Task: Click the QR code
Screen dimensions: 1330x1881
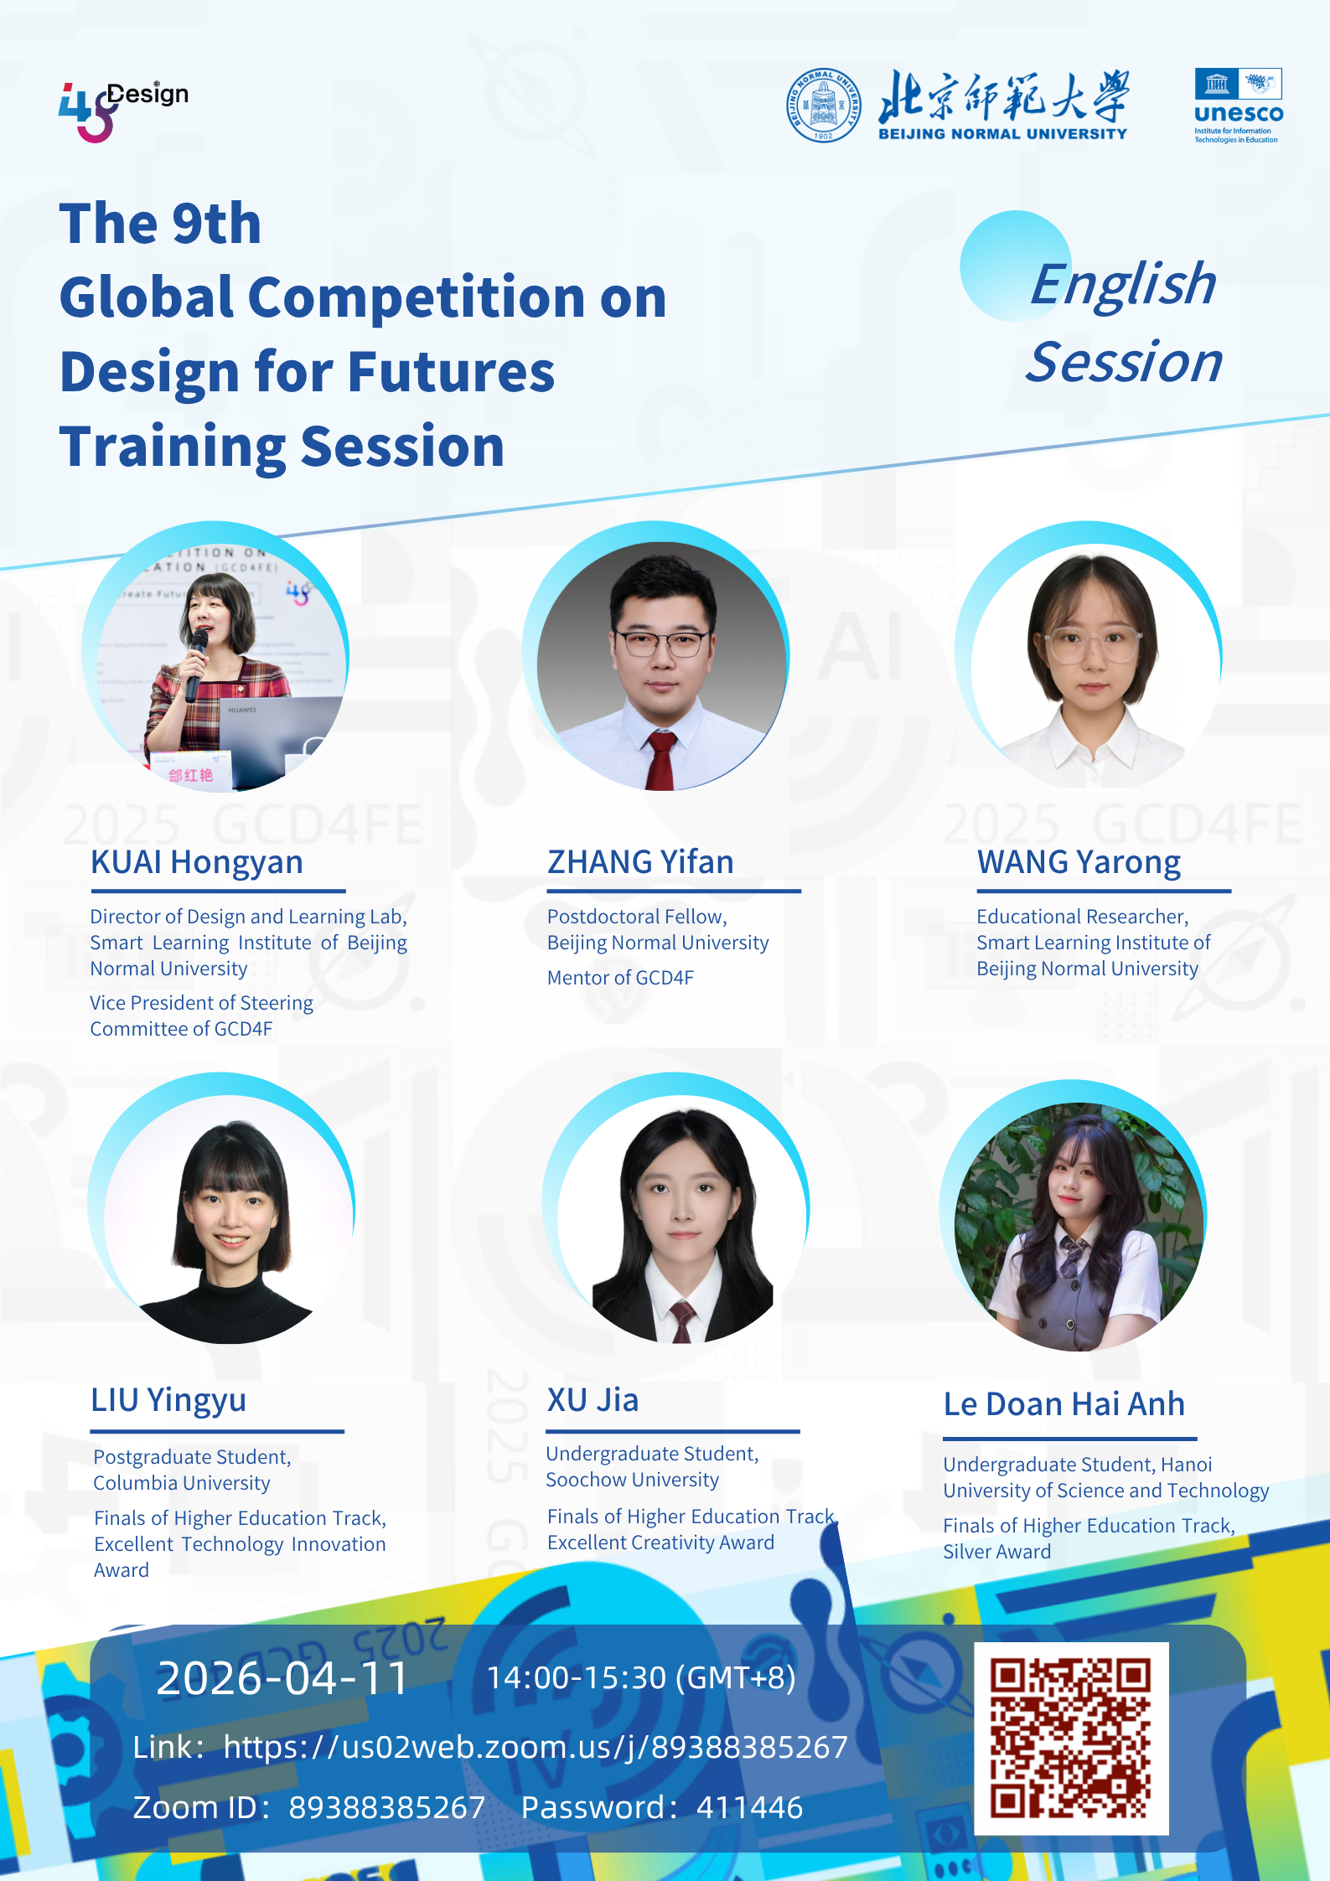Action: click(1071, 1738)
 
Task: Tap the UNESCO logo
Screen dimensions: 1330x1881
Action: click(1239, 106)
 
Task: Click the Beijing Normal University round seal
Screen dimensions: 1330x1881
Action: click(823, 105)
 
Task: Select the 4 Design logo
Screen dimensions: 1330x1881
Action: click(122, 111)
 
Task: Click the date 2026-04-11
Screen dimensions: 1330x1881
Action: click(282, 1679)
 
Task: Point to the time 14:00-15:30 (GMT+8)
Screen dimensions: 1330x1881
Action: click(641, 1678)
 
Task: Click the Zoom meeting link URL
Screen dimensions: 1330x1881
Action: click(536, 1747)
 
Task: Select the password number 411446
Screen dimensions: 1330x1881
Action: click(749, 1808)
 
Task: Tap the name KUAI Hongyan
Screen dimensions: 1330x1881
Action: click(197, 863)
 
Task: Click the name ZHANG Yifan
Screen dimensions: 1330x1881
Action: click(640, 862)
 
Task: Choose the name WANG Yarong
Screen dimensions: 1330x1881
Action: click(1079, 863)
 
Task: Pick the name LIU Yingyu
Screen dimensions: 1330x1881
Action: click(168, 1401)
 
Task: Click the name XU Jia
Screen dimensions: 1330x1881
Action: click(593, 1400)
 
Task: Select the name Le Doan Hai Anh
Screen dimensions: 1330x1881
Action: click(1064, 1404)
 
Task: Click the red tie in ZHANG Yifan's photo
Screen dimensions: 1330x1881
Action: click(660, 759)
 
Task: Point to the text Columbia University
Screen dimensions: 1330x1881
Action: click(182, 1483)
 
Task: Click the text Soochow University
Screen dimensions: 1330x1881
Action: click(633, 1480)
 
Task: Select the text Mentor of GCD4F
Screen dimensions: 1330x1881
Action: click(620, 978)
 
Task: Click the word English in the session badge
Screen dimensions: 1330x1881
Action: click(1123, 285)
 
